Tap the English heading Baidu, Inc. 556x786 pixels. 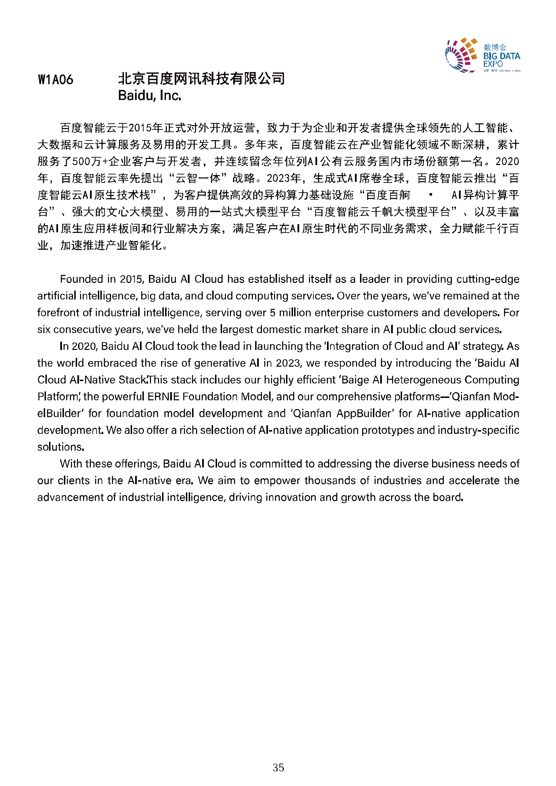149,96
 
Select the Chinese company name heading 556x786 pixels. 201,79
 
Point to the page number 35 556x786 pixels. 278,768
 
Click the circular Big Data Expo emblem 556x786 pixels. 461,55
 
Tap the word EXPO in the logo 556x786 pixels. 493,64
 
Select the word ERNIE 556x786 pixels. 163,397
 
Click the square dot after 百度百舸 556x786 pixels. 431,195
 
